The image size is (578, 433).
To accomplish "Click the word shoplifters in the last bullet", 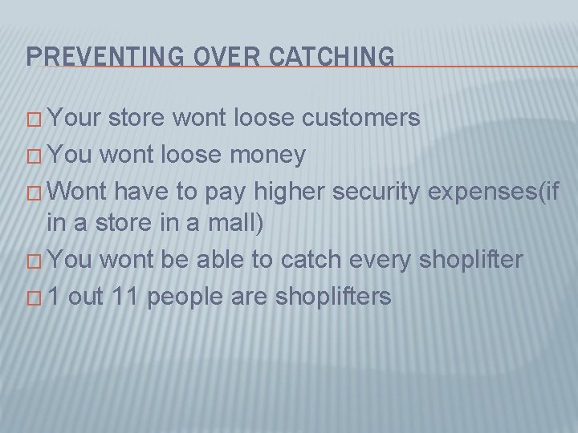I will tap(332, 297).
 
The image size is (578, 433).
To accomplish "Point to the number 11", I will tap(124, 297).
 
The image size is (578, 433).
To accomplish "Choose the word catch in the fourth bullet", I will tap(312, 260).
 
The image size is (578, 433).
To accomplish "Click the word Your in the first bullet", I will tap(75, 118).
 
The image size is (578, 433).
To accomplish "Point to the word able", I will tap(220, 260).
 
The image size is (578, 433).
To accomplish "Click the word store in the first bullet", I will tap(136, 118).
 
